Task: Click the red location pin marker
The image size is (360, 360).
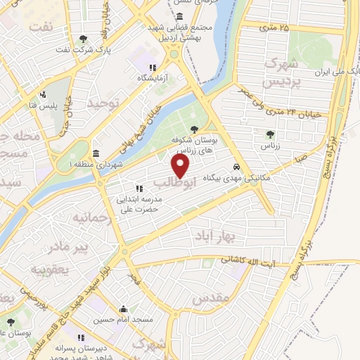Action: click(x=181, y=166)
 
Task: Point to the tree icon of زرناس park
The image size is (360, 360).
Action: click(x=269, y=134)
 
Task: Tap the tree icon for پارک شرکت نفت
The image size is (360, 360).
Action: click(x=84, y=38)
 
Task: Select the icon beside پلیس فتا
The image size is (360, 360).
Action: click(x=43, y=94)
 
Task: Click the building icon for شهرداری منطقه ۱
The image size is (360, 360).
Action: click(x=96, y=154)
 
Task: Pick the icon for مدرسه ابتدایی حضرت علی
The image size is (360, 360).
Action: click(x=139, y=188)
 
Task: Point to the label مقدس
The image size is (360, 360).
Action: click(x=210, y=298)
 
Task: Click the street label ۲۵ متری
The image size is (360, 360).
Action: click(x=274, y=28)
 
